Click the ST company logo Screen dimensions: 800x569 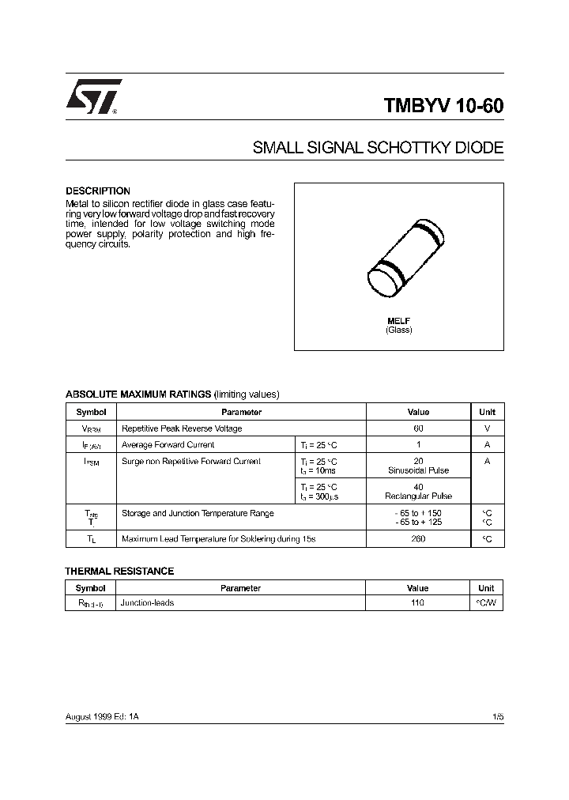coord(94,97)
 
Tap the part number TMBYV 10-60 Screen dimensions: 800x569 coord(443,107)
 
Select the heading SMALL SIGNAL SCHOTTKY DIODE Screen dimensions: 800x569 coord(377,148)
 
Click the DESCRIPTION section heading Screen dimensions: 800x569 coord(97,191)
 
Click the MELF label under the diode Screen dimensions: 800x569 coord(398,320)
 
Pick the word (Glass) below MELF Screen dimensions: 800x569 coord(398,330)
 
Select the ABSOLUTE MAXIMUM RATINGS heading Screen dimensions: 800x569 coord(138,394)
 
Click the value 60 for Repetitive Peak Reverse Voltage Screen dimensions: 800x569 coord(418,428)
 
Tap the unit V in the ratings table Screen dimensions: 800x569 coord(487,428)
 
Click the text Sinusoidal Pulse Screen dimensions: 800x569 coord(418,470)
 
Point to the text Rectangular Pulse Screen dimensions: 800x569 coord(418,496)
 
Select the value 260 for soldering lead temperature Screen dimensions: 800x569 coord(418,539)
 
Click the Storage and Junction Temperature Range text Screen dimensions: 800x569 coord(198,513)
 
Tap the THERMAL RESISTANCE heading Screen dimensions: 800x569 coord(119,571)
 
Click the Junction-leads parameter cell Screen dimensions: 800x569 coord(147,602)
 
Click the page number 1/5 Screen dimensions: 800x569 coord(497,715)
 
